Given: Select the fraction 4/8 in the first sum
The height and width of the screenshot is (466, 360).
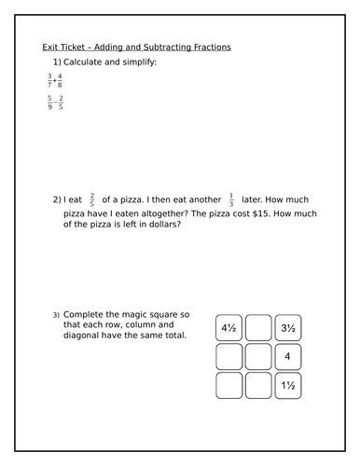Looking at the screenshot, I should (x=61, y=81).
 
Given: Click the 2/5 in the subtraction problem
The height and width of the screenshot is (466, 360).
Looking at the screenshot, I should (x=62, y=104).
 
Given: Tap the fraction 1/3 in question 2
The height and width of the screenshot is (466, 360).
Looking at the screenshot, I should (x=230, y=200).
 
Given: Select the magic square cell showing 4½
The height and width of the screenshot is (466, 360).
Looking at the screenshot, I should (x=229, y=328).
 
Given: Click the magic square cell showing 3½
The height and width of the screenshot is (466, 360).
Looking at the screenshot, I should (x=287, y=328).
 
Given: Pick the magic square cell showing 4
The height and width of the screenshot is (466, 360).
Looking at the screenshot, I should (x=287, y=357).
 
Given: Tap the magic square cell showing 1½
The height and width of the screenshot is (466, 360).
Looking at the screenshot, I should (x=287, y=386).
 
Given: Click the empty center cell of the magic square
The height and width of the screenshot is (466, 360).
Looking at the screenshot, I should (x=258, y=357).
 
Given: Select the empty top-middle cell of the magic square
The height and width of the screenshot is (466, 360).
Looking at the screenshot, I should (x=258, y=328).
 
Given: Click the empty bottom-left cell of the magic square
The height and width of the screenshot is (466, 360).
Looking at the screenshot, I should (x=229, y=386).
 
